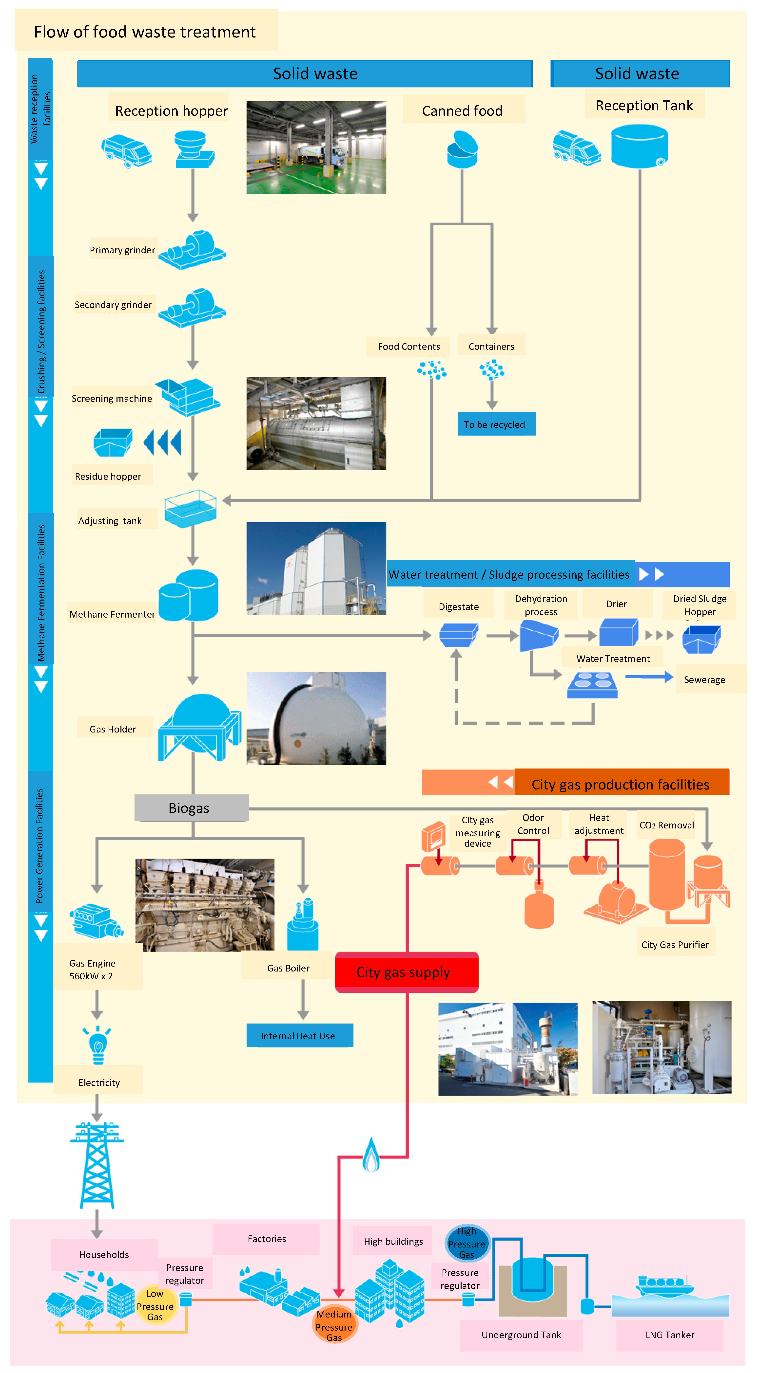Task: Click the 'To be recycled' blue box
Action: click(x=496, y=424)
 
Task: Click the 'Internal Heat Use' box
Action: click(x=299, y=1036)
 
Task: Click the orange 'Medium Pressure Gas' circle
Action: click(x=334, y=1324)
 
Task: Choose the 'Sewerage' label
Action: click(x=704, y=679)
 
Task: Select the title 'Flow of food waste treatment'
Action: click(x=145, y=32)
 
